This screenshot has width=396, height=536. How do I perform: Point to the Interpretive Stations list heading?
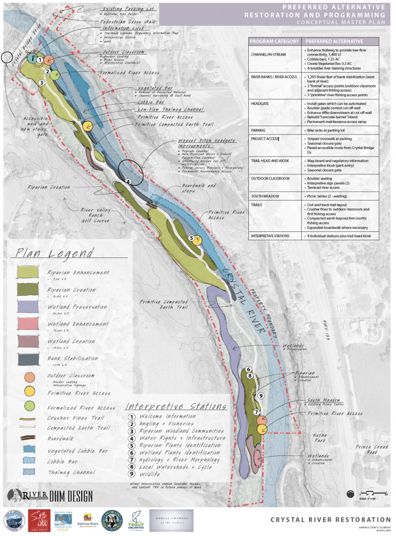(x=175, y=407)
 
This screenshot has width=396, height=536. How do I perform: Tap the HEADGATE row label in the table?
(x=263, y=104)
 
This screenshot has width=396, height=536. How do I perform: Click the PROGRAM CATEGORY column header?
(x=274, y=41)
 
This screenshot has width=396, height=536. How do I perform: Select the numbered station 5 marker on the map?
(x=191, y=238)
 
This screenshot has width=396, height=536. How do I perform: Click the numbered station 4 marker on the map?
(x=128, y=182)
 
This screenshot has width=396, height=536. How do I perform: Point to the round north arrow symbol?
(x=351, y=494)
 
